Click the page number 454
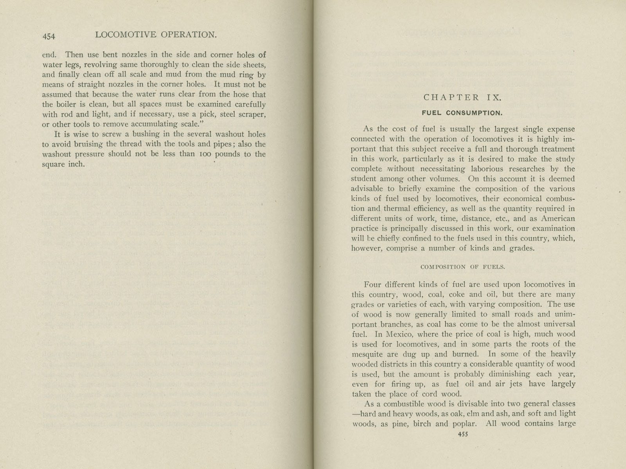[49, 36]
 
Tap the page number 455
[462, 434]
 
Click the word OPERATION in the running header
[188, 34]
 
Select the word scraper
[252, 115]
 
